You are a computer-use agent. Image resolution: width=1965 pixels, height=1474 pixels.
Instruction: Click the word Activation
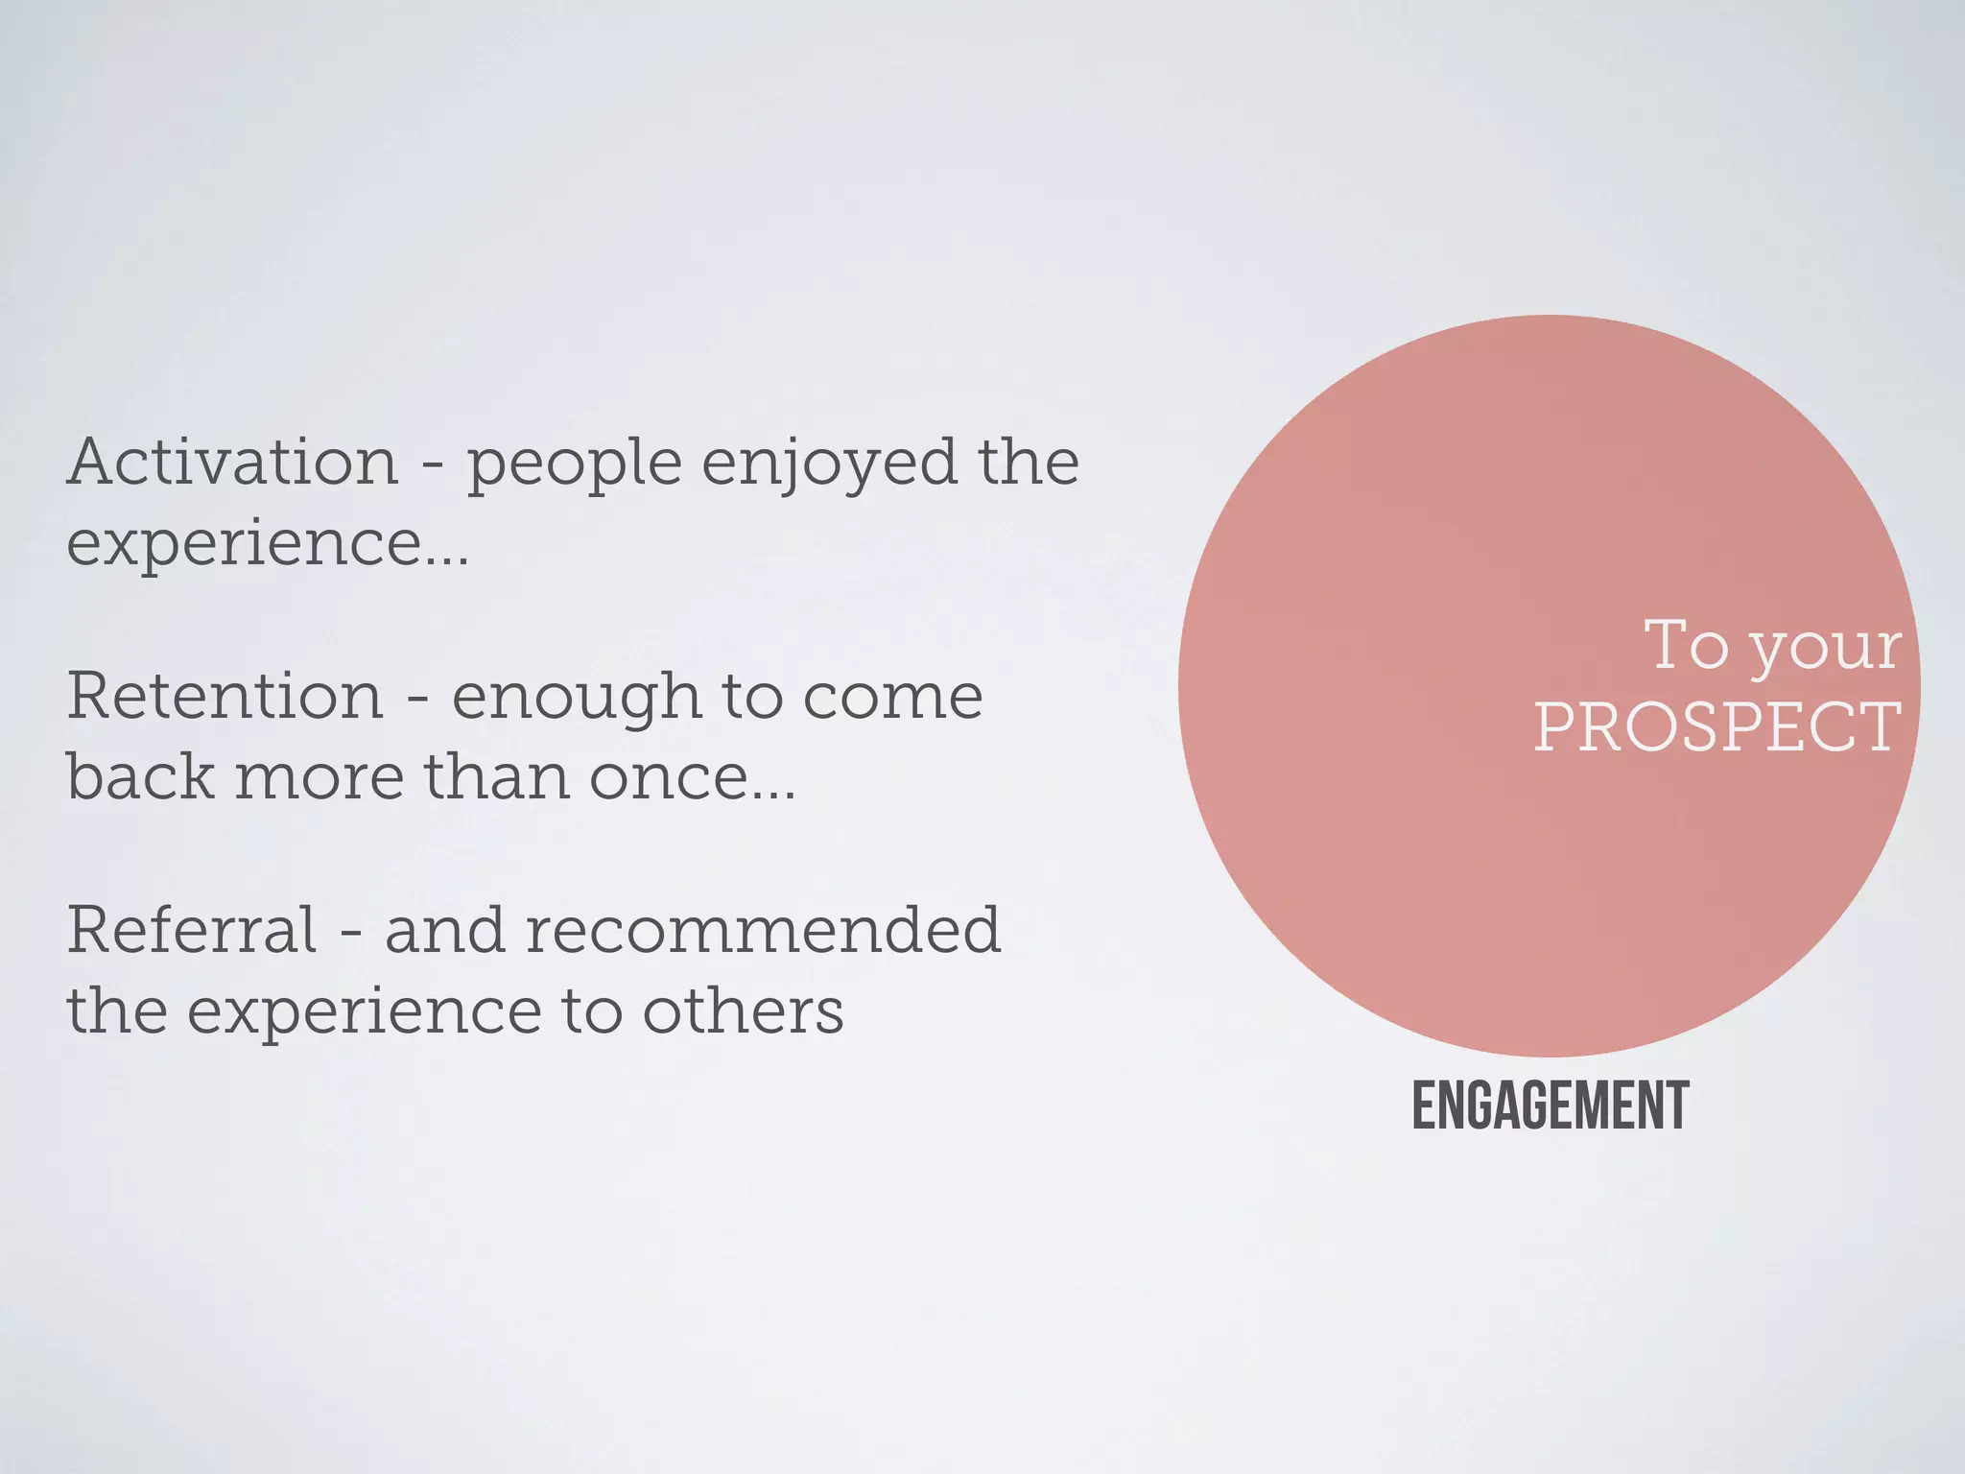(x=232, y=463)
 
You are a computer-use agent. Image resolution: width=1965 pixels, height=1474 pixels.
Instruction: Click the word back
(x=140, y=776)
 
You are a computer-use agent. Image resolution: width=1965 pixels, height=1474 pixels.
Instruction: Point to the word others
(x=743, y=1011)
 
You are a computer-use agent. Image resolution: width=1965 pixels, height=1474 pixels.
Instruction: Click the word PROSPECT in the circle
(x=1717, y=727)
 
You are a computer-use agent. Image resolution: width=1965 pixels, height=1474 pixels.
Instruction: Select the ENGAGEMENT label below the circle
(x=1551, y=1106)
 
